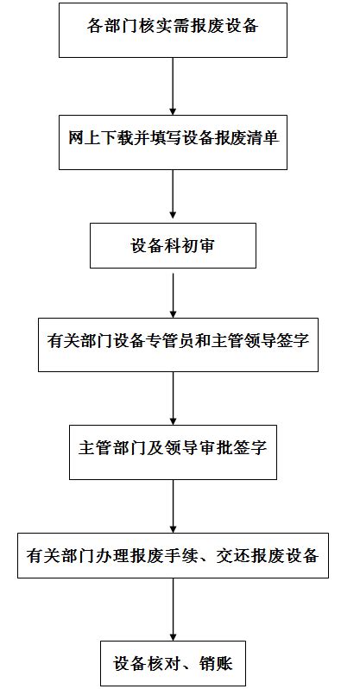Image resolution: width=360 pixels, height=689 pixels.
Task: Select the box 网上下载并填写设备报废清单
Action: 174,139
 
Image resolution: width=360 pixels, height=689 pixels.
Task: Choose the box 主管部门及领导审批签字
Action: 174,450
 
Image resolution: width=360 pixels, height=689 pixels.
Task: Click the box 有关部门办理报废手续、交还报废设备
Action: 174,555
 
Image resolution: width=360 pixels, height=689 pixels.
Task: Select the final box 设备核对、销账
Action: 174,664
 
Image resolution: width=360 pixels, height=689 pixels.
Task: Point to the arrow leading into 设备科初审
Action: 174,197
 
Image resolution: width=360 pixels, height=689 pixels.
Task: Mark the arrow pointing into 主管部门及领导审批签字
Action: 174,396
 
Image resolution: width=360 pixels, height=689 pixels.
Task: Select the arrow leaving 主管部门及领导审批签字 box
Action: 174,506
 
